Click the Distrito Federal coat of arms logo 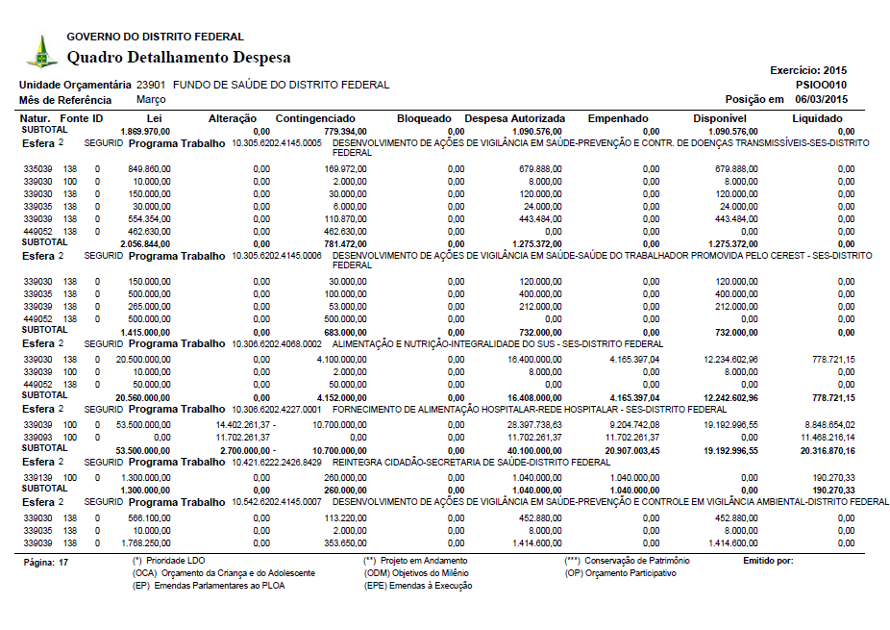point(41,51)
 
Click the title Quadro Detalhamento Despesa point(179,58)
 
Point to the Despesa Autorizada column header point(515,118)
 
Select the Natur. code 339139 point(37,475)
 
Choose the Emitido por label point(768,560)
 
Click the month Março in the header point(152,99)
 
